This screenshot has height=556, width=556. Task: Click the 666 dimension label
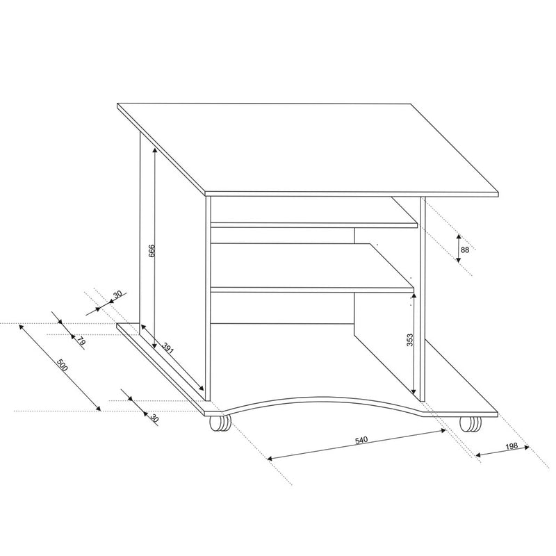(x=152, y=251)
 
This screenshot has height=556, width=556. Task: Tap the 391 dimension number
(x=168, y=348)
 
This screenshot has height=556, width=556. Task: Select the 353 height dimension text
(x=409, y=340)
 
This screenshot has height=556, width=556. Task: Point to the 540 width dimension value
(x=361, y=440)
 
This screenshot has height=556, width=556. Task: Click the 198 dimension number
(x=512, y=446)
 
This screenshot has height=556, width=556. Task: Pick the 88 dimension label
(x=465, y=250)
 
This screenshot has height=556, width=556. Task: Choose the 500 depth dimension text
(x=63, y=366)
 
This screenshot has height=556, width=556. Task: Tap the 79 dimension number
(x=81, y=341)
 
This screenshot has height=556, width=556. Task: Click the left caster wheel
(x=220, y=423)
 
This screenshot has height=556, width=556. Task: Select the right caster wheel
(x=471, y=424)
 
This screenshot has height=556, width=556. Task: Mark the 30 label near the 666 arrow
(x=117, y=294)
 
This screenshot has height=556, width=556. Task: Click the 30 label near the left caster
(x=154, y=418)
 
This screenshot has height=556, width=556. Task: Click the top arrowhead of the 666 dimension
(x=154, y=150)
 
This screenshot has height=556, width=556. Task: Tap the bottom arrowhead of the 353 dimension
(x=414, y=391)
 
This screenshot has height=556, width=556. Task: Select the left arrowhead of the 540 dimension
(x=270, y=458)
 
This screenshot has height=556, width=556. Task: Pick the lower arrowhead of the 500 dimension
(x=98, y=408)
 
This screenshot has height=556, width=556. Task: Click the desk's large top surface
(x=308, y=149)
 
